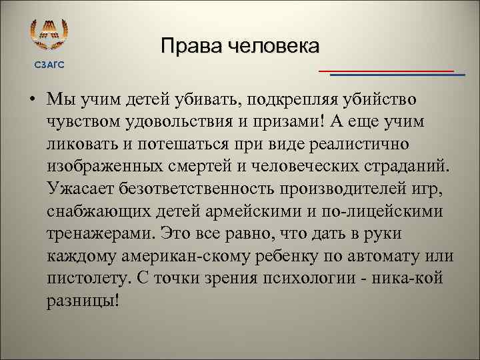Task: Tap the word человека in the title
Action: click(x=273, y=47)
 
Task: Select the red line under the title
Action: click(x=386, y=70)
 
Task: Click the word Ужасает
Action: click(x=81, y=189)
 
